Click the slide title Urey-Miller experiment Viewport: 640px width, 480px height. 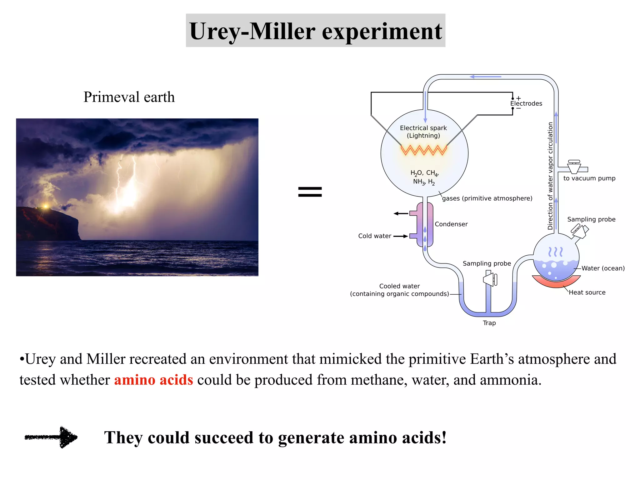[x=315, y=31]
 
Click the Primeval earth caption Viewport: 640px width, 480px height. [x=129, y=97]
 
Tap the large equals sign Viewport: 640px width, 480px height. [x=310, y=192]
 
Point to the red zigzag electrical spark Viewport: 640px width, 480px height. [x=424, y=150]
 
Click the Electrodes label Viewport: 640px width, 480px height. [x=526, y=104]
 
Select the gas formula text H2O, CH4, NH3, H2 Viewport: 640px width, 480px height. [x=424, y=177]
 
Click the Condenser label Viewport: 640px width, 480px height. [x=451, y=224]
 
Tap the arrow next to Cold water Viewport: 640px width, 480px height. [x=401, y=236]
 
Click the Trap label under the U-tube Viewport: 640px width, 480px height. [x=489, y=323]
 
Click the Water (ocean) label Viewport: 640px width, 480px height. [x=603, y=268]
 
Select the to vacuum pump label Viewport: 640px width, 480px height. [x=589, y=178]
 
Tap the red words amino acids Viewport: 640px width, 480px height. [x=153, y=380]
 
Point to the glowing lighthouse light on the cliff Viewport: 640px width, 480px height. [x=46, y=206]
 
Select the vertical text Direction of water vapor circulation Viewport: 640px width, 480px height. [x=550, y=176]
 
